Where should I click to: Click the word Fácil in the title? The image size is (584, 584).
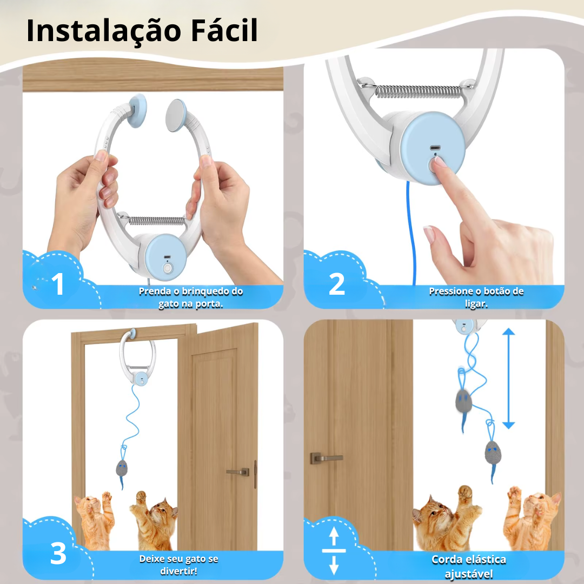(224, 30)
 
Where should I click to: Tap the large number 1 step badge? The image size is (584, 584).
(58, 284)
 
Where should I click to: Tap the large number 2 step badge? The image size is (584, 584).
(337, 284)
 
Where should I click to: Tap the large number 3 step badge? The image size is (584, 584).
(58, 554)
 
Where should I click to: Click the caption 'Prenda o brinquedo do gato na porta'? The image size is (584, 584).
(191, 297)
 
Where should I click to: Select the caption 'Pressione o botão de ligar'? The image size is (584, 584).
(476, 297)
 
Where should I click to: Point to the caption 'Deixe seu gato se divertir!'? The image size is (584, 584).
(179, 565)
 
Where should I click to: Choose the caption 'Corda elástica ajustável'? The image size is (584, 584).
(468, 567)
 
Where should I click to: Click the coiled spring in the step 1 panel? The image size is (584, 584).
(156, 221)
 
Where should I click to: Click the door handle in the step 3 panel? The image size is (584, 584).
(238, 472)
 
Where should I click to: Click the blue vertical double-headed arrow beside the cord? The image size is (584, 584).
(508, 379)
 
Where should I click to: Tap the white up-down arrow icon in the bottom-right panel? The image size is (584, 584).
(334, 550)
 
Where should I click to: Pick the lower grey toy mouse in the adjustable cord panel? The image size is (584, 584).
(493, 452)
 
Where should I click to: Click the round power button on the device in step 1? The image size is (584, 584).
(167, 268)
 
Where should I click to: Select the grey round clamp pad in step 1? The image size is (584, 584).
(176, 115)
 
